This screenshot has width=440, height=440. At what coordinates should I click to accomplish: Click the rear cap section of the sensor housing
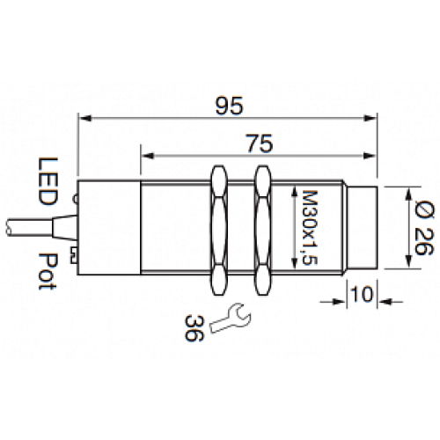point(110,226)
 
